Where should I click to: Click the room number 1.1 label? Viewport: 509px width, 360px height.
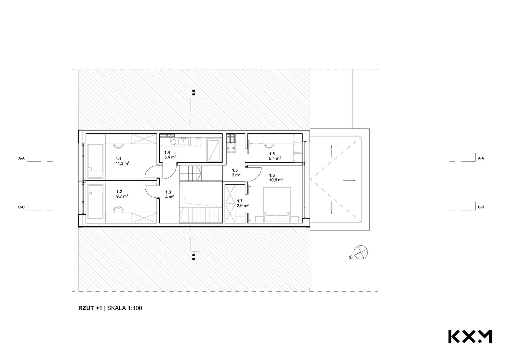click(118, 159)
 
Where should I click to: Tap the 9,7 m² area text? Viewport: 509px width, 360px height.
click(122, 196)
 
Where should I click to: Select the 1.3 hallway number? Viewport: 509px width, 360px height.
click(168, 192)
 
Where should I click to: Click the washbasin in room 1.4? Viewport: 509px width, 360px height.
click(184, 141)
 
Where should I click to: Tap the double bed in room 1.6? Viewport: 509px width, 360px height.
click(277, 201)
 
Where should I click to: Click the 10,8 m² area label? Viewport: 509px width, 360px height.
click(276, 180)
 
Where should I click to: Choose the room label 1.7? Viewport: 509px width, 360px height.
click(240, 201)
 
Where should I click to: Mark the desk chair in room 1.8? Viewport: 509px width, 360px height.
click(269, 145)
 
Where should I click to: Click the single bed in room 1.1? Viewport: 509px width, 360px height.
click(95, 161)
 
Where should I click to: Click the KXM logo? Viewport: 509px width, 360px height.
click(470, 336)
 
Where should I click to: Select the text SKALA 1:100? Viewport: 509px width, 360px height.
click(125, 308)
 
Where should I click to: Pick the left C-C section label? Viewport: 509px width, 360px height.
click(22, 207)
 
